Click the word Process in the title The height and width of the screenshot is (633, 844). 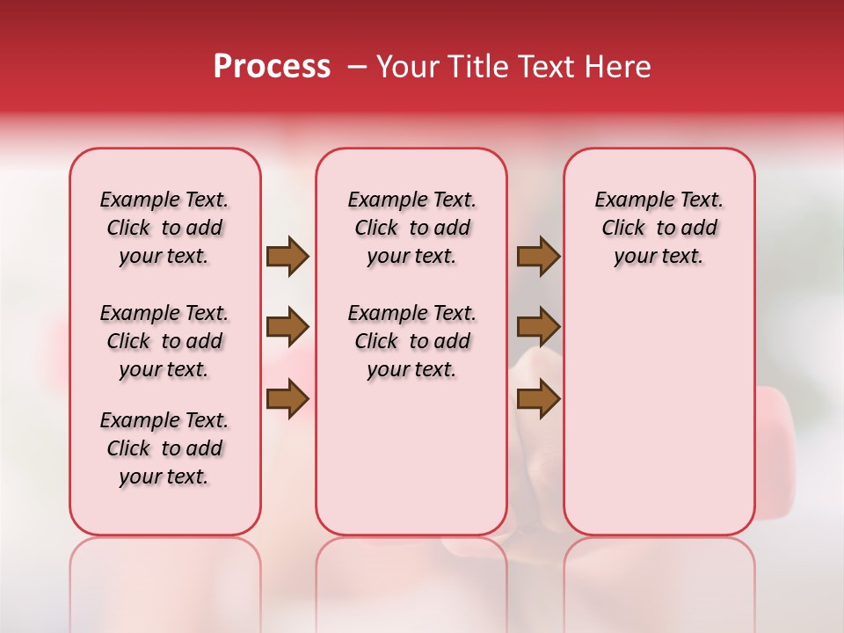tap(272, 67)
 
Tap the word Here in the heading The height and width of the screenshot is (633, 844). tap(617, 67)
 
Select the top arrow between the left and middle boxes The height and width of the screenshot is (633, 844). tap(287, 257)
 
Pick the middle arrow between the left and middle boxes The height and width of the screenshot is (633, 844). tap(287, 327)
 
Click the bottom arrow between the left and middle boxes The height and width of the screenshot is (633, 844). tap(287, 398)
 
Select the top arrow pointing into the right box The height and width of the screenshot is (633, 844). tap(538, 257)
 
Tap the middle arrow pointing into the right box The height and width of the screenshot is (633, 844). tap(538, 327)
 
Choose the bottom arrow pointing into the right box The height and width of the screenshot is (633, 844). tap(538, 398)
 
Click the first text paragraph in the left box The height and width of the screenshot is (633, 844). tap(164, 228)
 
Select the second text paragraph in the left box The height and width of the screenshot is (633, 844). tap(164, 341)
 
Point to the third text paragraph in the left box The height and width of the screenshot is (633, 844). tap(164, 448)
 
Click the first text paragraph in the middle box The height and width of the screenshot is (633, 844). tap(412, 228)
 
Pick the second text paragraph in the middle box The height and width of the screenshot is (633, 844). tap(412, 341)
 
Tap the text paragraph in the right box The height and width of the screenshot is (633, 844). tap(659, 228)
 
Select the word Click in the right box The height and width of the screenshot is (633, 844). tap(623, 229)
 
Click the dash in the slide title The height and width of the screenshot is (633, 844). tap(357, 67)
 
